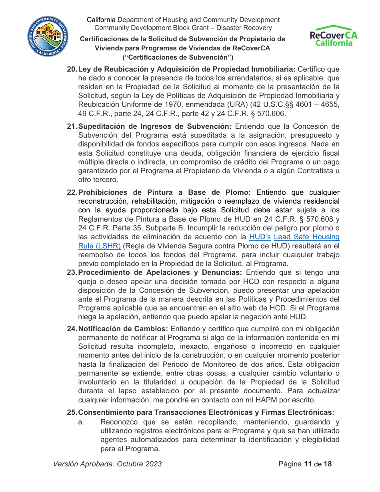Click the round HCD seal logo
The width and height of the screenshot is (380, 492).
point(47,36)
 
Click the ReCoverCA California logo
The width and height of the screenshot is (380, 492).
point(334,36)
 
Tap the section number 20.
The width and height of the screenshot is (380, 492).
point(72,69)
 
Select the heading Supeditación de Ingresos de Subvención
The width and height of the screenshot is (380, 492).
point(154,127)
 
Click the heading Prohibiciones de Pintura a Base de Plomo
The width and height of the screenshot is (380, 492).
point(164,192)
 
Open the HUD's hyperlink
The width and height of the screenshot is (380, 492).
point(260,237)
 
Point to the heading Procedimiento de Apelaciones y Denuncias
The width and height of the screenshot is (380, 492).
point(160,272)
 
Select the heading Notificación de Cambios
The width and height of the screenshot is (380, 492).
point(123,329)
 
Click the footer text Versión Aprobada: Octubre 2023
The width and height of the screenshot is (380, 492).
point(108,464)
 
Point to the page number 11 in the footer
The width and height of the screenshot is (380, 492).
point(308,464)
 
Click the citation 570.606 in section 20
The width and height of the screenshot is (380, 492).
point(269,113)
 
